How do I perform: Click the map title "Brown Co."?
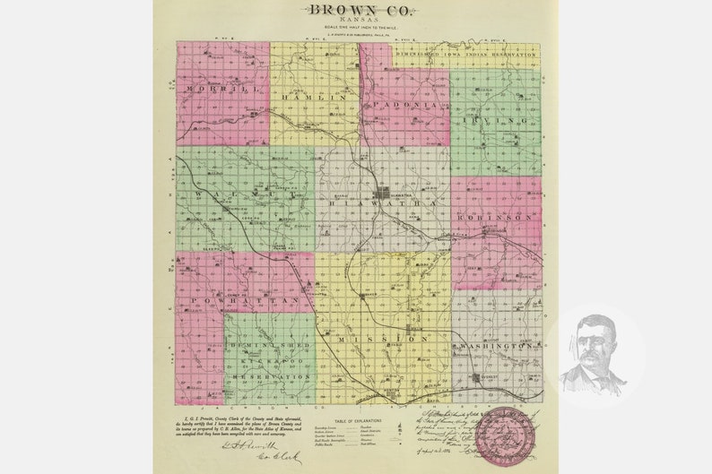pos(356,10)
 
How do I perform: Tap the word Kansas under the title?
pos(356,21)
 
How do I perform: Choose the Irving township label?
pos(496,118)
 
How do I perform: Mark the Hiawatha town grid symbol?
pos(383,192)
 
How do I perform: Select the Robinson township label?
pos(496,217)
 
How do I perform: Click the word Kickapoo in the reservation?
pos(269,360)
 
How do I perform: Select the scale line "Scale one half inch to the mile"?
pos(356,28)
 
